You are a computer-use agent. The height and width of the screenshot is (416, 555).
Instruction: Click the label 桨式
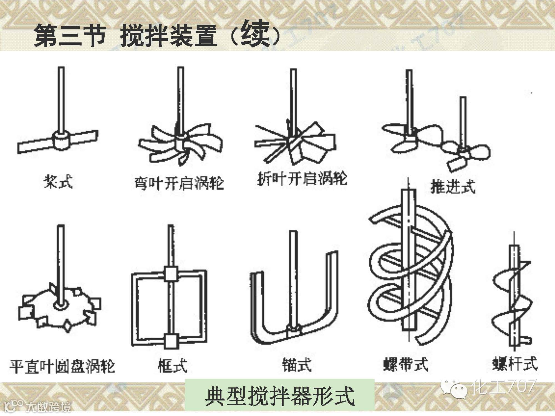click(x=58, y=182)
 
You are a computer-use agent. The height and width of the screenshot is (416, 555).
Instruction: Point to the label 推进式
click(x=453, y=186)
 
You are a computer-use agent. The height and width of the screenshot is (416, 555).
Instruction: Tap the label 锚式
click(x=297, y=365)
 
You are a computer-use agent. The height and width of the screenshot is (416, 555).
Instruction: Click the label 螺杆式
click(x=515, y=364)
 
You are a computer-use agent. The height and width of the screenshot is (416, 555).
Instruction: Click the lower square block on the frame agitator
click(x=170, y=341)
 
